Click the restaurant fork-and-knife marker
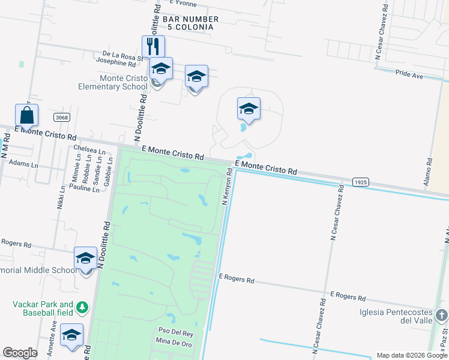153,46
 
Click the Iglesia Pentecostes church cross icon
441,315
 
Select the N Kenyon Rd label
227,187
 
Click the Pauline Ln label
84,188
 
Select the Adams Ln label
23,164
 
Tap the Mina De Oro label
173,341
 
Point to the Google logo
20,353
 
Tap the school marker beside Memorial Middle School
85,259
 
